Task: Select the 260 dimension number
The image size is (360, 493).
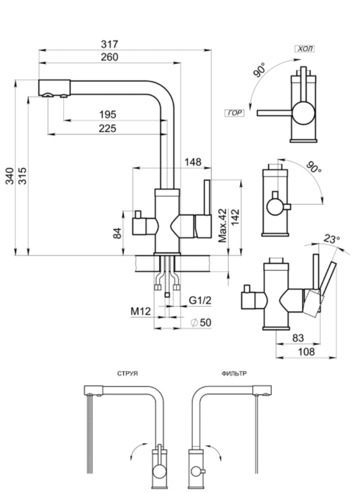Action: [109, 57]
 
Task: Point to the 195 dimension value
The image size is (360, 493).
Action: [108, 115]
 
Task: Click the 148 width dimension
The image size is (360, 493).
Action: [193, 162]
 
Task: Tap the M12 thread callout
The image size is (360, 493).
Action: [140, 312]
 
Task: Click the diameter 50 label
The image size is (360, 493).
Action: [201, 322]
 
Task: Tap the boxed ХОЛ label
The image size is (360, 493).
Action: [305, 49]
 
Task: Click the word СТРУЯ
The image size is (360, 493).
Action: [127, 374]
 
